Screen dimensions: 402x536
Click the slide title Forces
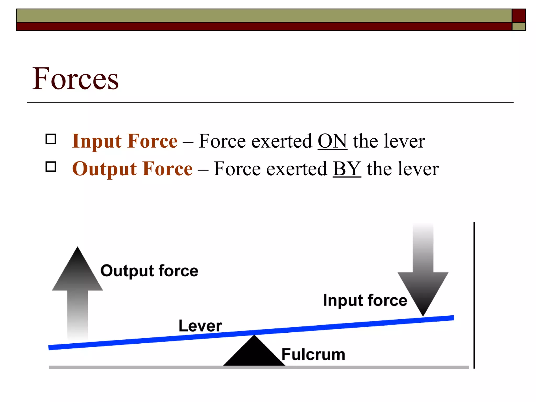click(x=75, y=79)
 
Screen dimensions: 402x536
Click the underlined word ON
click(x=332, y=141)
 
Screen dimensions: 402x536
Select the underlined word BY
click(x=347, y=169)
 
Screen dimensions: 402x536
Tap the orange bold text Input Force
click(x=125, y=141)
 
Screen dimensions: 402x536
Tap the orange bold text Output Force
click(x=132, y=169)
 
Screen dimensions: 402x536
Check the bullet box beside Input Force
click(x=51, y=139)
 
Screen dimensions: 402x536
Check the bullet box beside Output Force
click(x=51, y=167)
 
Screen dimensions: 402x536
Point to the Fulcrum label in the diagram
click(x=313, y=355)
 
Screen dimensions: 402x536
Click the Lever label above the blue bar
click(x=200, y=326)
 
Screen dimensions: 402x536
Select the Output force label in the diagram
click(x=149, y=271)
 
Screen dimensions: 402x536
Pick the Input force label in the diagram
click(x=365, y=300)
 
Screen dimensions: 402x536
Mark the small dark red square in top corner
click(x=519, y=16)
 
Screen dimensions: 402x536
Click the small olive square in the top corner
click(x=519, y=26)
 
